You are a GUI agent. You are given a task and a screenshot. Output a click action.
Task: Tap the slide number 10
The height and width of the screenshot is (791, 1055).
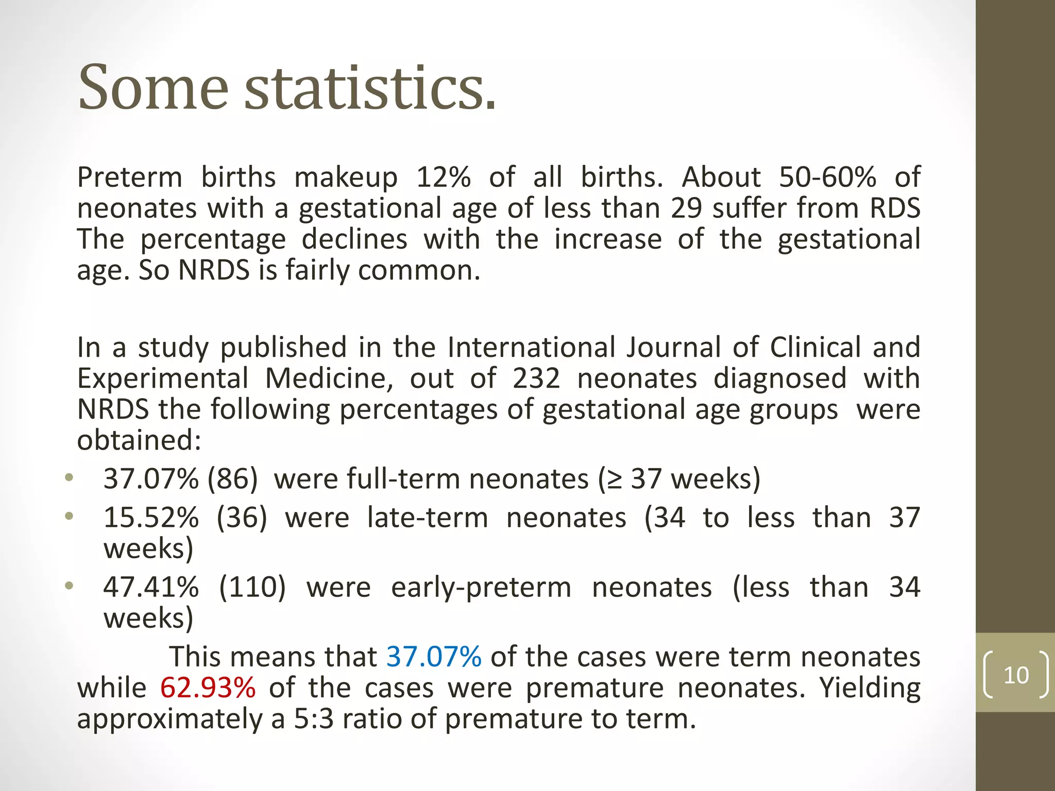point(1016,675)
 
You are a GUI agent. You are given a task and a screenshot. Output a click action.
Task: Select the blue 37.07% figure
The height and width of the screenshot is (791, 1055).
point(434,657)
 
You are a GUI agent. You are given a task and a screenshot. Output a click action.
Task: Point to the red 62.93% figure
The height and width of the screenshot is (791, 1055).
point(208,688)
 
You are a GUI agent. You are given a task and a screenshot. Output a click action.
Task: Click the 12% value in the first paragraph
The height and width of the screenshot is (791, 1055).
point(443,177)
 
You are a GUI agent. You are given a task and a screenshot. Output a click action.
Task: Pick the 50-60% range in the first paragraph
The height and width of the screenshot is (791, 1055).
point(827,177)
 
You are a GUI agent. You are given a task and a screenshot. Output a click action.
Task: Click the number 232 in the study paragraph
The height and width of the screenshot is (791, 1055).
point(536,379)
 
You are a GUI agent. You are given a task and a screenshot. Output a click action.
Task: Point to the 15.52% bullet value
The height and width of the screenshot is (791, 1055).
point(151,518)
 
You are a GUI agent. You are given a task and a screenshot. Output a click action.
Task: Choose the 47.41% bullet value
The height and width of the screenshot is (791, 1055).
point(151,587)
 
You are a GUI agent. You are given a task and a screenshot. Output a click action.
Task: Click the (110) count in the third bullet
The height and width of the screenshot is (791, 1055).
point(252,587)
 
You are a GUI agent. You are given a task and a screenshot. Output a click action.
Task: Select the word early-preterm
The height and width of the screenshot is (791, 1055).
point(481,588)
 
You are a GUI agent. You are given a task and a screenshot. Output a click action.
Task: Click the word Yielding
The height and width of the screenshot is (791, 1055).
point(870,689)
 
